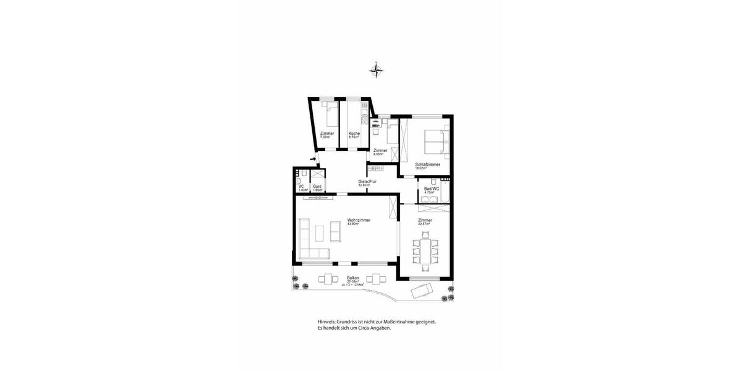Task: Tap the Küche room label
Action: (354, 134)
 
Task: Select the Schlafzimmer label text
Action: (427, 164)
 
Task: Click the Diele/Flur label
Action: (367, 181)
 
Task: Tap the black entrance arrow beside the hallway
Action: (313, 160)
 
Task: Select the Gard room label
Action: (317, 186)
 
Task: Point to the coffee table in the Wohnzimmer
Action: (319, 233)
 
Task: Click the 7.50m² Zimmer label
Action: (327, 134)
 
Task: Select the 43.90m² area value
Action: (353, 224)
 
